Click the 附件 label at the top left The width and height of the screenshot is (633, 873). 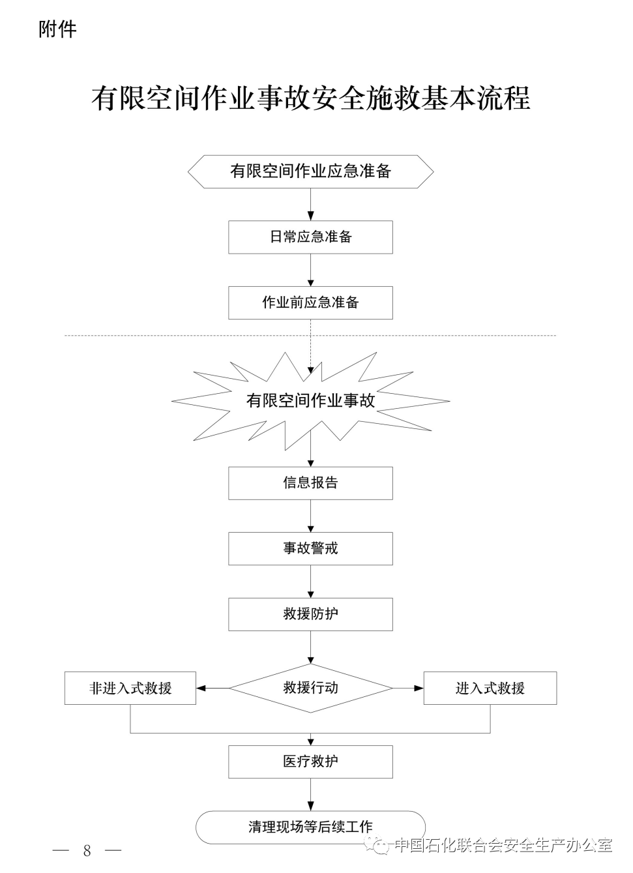57,29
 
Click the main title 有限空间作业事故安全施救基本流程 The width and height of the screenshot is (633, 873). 310,98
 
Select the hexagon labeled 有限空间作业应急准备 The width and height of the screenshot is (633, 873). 310,171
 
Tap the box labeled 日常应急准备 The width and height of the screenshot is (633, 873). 310,237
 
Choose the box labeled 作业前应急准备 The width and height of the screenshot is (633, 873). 310,303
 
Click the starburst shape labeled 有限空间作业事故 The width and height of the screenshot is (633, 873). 310,400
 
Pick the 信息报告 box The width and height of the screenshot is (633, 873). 310,483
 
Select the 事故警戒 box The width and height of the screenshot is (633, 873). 310,548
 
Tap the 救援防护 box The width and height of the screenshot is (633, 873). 310,614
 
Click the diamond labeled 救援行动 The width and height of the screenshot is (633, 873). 310,688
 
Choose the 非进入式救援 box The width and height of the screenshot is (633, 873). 130,688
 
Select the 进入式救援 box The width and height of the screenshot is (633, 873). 490,688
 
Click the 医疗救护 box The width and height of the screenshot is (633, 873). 310,762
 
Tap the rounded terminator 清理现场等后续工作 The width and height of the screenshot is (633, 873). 310,827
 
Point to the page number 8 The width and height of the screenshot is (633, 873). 87,850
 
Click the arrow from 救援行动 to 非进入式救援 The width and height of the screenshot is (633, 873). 213,688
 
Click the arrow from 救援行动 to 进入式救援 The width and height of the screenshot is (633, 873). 408,688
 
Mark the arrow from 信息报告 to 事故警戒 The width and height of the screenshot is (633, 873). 310,516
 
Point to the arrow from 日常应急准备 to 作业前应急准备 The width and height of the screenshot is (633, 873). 310,270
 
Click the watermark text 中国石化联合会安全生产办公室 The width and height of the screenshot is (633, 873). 503,846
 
